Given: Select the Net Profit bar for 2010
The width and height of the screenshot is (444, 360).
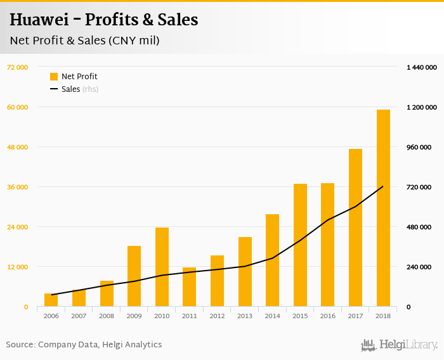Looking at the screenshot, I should pos(162,267).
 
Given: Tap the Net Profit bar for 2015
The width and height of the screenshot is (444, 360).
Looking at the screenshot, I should pos(300,245).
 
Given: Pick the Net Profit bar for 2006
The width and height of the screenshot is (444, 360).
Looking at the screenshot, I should pos(51,300).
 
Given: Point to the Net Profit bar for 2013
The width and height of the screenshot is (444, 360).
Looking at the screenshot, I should pos(245,272).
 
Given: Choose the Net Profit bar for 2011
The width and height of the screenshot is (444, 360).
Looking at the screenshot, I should pos(190,287).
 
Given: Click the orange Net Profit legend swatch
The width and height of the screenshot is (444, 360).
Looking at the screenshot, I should pos(54,77).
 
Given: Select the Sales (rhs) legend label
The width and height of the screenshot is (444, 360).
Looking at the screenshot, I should pos(80,89).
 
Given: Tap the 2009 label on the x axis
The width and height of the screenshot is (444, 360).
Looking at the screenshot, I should pos(134,316).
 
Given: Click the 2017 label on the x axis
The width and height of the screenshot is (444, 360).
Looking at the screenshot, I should pos(355,316).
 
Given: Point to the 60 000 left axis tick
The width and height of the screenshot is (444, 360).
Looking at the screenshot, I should pos(17,107).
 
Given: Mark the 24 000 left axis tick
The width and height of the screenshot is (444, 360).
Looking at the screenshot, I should pos(17,227).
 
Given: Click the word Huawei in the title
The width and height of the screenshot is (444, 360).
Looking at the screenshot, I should pos(44,20).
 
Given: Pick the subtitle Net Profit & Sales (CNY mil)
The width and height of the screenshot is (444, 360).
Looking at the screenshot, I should pos(84,41).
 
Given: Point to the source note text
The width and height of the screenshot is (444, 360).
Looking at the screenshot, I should pos(84,345).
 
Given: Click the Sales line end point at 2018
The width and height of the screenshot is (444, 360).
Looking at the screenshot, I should pos(383,186).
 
